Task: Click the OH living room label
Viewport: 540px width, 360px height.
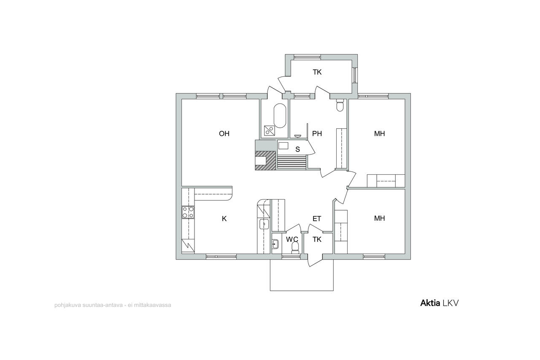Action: tap(224, 134)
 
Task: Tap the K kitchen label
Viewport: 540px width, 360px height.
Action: tap(224, 219)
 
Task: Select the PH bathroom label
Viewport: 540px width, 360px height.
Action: tap(317, 134)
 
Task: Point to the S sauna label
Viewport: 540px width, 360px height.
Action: tap(298, 149)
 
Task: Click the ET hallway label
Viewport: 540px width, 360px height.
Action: tap(317, 219)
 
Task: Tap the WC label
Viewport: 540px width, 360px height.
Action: tap(292, 239)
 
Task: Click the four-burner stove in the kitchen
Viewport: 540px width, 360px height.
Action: tap(188, 212)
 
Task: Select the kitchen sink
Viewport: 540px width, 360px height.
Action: tap(264, 224)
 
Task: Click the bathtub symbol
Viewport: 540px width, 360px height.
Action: tap(280, 116)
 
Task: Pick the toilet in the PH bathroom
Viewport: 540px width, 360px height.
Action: tap(340, 106)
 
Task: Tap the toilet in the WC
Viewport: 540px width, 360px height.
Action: tap(295, 248)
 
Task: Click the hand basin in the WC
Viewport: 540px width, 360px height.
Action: tap(275, 244)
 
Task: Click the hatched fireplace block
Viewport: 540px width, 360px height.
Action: tap(265, 161)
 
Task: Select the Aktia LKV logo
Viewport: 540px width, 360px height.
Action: tap(439, 303)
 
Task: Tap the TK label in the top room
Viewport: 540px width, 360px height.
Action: tap(317, 72)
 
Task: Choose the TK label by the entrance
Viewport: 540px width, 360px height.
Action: tap(317, 239)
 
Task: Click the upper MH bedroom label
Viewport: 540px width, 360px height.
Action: tap(379, 134)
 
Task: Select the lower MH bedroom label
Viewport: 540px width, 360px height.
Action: tap(379, 219)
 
